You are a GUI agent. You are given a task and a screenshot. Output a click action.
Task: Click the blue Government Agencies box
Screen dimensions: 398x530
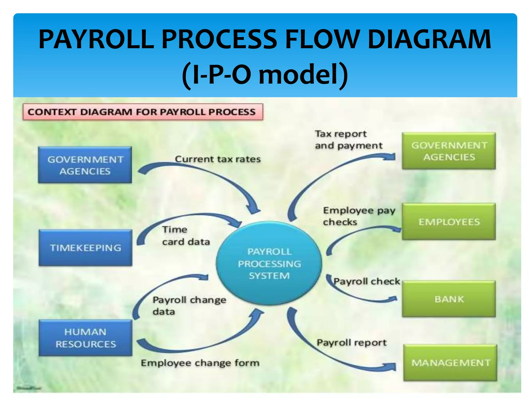pos(85,165)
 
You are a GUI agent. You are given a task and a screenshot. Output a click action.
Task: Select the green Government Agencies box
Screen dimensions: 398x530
pos(449,151)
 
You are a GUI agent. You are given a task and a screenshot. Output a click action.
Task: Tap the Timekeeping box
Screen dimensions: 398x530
pos(85,248)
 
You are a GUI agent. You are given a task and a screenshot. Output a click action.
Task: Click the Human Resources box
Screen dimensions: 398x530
pos(85,338)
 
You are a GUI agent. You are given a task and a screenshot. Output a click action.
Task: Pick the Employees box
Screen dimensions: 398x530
pos(449,222)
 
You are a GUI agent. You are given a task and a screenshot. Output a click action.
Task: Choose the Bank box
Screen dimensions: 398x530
pos(449,299)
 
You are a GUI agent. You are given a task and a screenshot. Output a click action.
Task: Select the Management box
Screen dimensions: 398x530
pos(450,363)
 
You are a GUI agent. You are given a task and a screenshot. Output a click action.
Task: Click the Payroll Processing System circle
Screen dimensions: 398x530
pos(269,263)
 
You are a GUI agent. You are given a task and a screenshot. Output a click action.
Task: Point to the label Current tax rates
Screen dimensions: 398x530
pos(218,159)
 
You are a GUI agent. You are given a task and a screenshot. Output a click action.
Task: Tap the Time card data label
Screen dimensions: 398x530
pos(186,236)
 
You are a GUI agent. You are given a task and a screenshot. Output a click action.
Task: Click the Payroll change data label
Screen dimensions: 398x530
pos(189,305)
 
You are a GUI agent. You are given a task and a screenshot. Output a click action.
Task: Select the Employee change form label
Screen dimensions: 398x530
pos(200,363)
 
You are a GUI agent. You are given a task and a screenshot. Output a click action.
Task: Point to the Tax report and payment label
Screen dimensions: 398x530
pos(348,140)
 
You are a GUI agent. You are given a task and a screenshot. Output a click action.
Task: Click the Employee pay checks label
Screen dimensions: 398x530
pos(359,216)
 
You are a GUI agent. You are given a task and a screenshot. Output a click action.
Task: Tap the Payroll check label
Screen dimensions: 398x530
pos(366,281)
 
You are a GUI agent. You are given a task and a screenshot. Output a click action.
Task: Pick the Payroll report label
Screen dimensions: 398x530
pos(351,343)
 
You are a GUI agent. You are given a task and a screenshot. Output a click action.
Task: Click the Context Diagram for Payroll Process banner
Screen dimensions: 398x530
pos(143,112)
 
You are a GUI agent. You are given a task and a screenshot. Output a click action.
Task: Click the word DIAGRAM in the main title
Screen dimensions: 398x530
pos(429,39)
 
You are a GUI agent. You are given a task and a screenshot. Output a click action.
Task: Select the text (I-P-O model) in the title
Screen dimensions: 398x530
pos(265,75)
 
